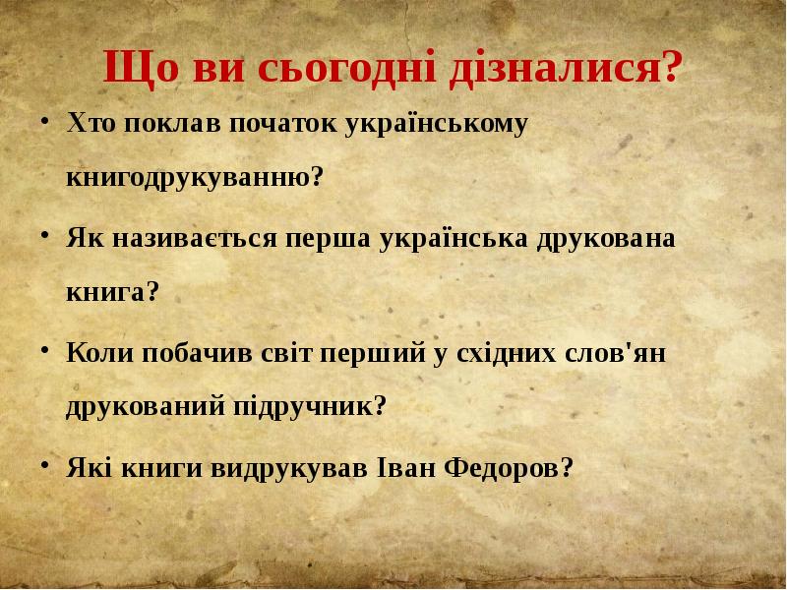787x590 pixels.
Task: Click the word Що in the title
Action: [x=135, y=70]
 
